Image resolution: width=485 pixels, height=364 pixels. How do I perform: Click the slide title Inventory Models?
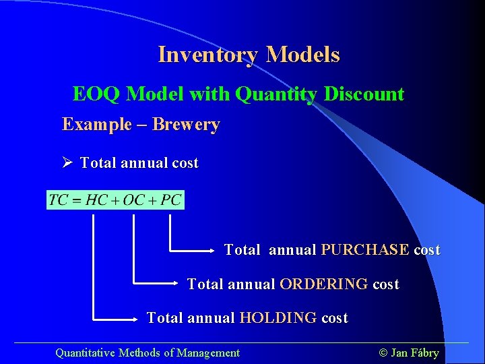click(x=249, y=55)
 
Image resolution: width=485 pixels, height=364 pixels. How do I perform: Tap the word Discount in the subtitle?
click(x=364, y=94)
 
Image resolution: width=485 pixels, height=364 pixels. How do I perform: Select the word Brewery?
click(x=186, y=125)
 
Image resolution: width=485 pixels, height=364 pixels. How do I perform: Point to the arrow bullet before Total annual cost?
click(x=67, y=162)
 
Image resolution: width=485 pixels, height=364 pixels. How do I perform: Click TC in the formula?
click(x=59, y=200)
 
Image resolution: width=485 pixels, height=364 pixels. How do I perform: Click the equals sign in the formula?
click(x=77, y=201)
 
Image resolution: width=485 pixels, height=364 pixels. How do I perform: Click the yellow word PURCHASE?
click(x=364, y=250)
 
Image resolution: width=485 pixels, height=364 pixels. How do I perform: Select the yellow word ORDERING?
click(x=323, y=284)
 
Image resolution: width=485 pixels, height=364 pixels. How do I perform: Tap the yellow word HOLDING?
click(x=278, y=318)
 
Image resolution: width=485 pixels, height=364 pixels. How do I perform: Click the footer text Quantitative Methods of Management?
click(x=147, y=353)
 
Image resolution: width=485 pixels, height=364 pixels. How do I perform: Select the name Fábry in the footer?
click(x=424, y=353)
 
